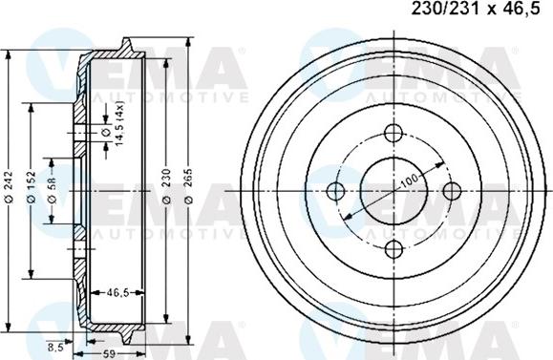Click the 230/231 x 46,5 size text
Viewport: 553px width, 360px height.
(x=483, y=11)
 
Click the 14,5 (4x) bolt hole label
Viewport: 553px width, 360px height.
(x=120, y=125)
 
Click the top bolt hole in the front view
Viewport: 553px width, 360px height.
(x=392, y=133)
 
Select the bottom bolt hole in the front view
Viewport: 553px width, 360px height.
(x=392, y=248)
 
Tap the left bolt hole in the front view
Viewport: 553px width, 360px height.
(x=334, y=190)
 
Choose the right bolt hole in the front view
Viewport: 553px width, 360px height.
(x=450, y=190)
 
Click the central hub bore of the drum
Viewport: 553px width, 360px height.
(x=392, y=190)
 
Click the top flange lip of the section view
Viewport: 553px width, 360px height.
(x=125, y=46)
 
